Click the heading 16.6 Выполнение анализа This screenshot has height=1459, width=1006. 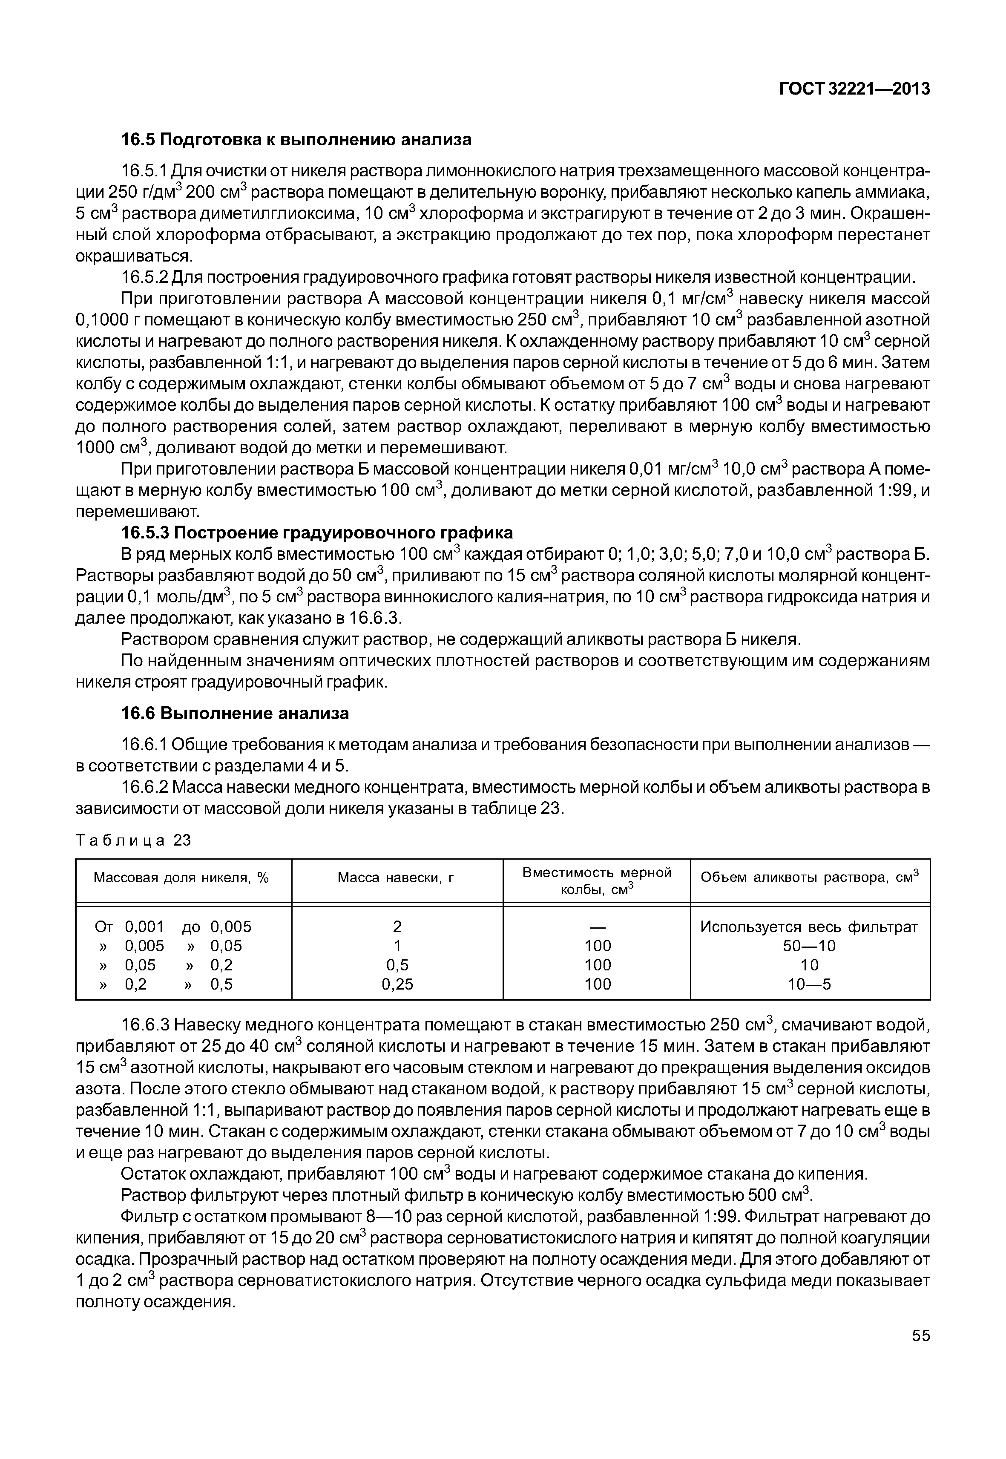coord(235,713)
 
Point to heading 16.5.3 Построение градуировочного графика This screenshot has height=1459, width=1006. coord(316,533)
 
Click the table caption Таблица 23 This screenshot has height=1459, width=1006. coord(133,840)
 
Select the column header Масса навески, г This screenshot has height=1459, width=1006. coord(397,878)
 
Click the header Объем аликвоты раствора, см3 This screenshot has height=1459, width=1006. coord(809,878)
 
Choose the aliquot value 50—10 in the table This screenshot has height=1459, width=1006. coord(809,946)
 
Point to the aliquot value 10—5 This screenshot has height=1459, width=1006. coord(809,984)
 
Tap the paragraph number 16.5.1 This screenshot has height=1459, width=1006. coord(144,172)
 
